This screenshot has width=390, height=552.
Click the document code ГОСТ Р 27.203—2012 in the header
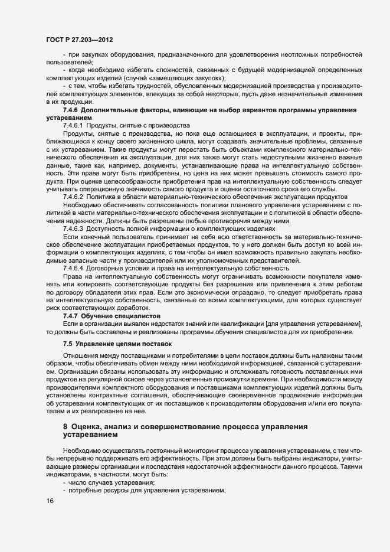click(x=79, y=40)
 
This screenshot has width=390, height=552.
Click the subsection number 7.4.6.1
click(x=74, y=126)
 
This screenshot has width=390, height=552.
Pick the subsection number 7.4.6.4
click(x=74, y=268)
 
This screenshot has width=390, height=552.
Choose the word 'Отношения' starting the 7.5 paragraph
click(x=80, y=356)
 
